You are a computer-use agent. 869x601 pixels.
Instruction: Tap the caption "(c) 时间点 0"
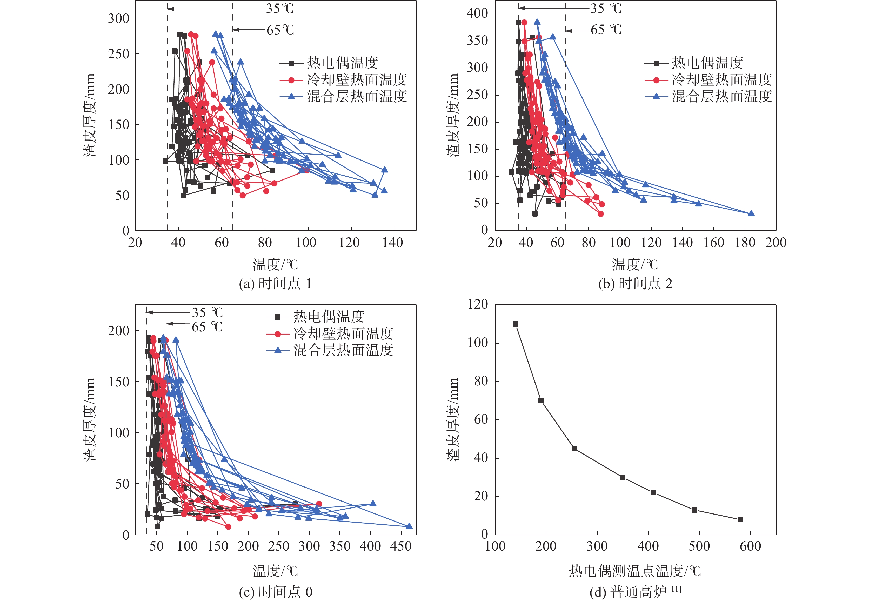pyautogui.click(x=275, y=592)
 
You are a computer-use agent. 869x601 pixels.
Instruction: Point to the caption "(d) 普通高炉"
pyautogui.click(x=635, y=592)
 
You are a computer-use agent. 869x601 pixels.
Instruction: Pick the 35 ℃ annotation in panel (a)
pyautogui.click(x=279, y=9)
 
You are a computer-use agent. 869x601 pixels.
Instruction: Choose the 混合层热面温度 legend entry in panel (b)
pyautogui.click(x=722, y=96)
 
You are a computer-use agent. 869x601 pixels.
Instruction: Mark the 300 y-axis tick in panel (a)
pyautogui.click(x=119, y=18)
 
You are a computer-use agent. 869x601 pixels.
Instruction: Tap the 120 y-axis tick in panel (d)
pyautogui.click(x=478, y=304)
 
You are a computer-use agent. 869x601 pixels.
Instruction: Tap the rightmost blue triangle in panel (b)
pyautogui.click(x=751, y=213)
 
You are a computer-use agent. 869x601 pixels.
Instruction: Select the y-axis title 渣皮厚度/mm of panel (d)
pyautogui.click(x=453, y=419)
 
